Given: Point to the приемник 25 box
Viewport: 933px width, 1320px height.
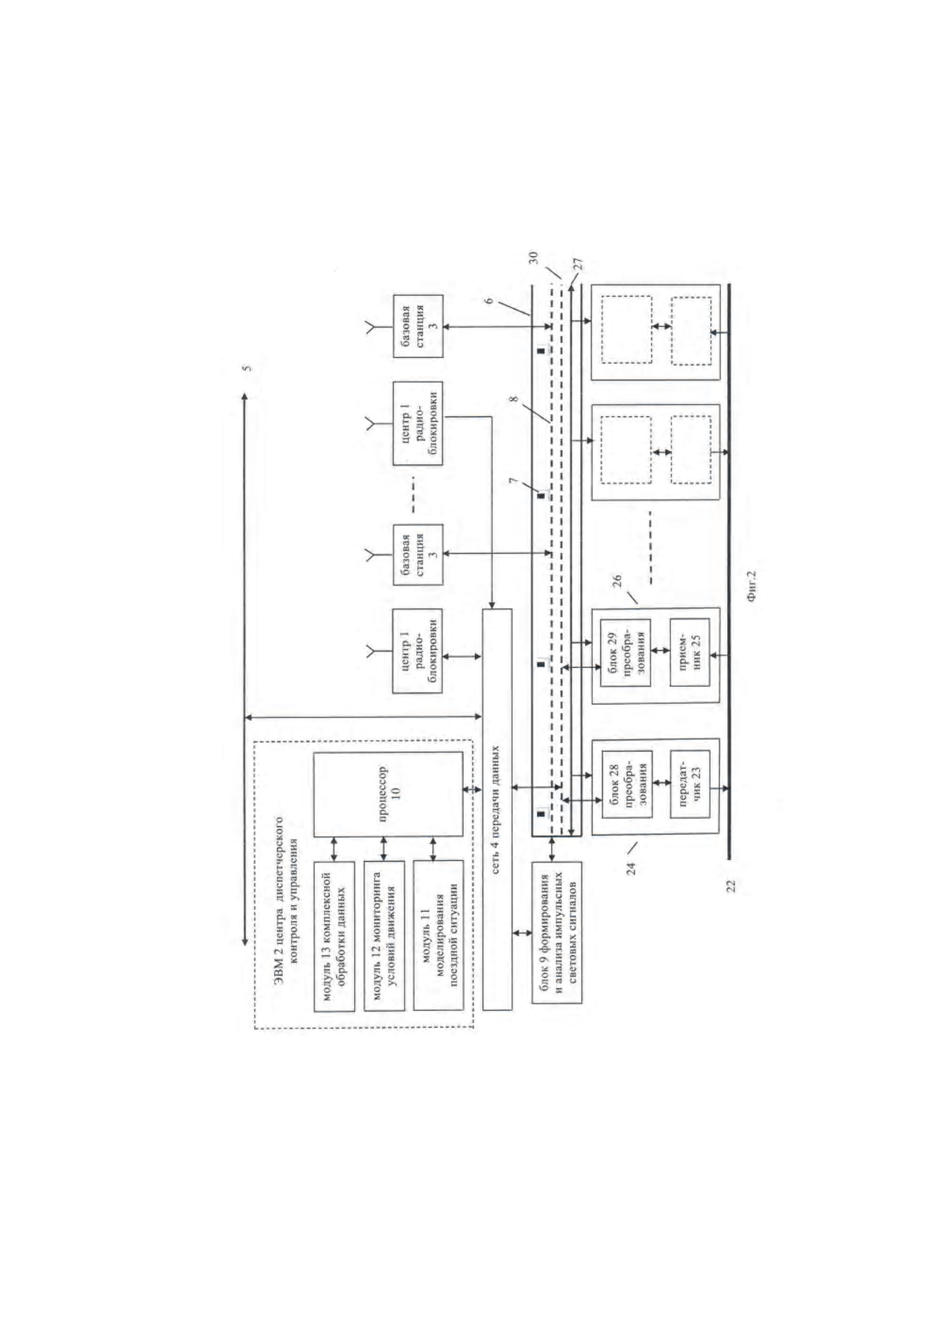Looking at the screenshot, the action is pos(690,652).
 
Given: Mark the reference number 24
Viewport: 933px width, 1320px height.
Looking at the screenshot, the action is pos(632,868).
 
